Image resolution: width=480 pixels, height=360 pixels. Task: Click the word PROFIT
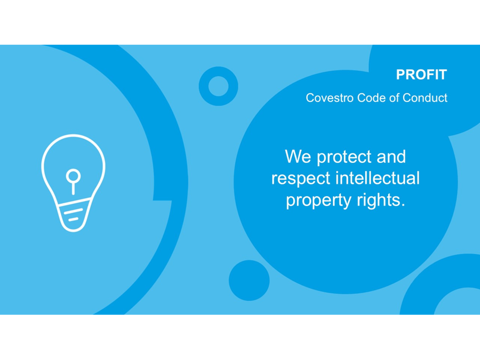[421, 74]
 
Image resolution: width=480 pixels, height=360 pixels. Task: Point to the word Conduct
[425, 98]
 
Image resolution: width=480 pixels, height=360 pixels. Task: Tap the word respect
[301, 179]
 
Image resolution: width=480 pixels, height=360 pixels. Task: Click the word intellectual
[378, 178]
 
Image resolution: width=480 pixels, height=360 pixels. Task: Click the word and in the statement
[391, 157]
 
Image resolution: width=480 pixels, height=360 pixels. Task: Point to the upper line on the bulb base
[74, 211]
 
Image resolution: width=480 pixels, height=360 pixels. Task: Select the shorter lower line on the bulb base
[73, 219]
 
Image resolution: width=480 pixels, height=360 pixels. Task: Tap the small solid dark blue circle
[249, 281]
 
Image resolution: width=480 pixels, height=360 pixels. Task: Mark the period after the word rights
[402, 205]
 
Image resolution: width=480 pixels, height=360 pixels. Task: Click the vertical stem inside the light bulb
[73, 188]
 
